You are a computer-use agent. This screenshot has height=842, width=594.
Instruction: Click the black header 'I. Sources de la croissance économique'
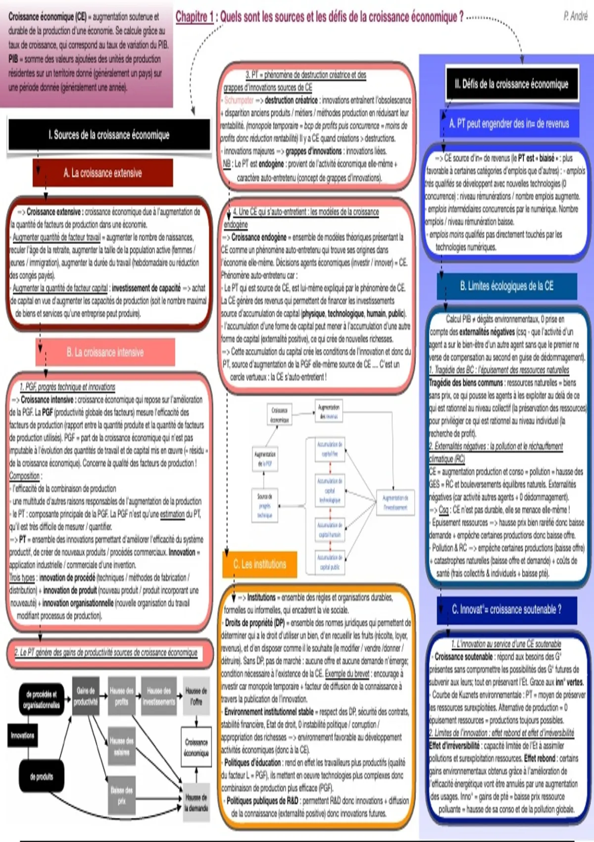click(109, 135)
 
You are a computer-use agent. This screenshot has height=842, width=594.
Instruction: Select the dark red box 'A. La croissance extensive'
click(102, 173)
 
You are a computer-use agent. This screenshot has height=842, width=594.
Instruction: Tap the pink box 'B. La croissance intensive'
click(105, 352)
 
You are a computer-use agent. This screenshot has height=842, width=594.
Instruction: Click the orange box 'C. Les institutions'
click(259, 564)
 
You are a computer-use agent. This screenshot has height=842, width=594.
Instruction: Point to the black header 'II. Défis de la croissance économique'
click(511, 84)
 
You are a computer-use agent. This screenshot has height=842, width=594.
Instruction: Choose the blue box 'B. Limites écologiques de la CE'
click(506, 286)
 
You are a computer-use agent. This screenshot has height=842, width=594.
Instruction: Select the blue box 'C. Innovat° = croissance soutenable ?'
click(506, 609)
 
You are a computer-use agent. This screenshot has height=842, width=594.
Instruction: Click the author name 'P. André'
click(575, 16)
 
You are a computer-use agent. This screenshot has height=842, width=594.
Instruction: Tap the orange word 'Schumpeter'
click(239, 100)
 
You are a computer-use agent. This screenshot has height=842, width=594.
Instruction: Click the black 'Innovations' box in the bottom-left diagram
click(23, 736)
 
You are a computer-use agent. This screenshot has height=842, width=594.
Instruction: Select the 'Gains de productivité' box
click(86, 696)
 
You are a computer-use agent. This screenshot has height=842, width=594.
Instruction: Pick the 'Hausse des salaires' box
click(121, 746)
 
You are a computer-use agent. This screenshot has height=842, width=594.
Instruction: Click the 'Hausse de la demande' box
click(197, 802)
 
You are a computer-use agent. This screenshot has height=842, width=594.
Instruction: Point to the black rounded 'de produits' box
click(42, 777)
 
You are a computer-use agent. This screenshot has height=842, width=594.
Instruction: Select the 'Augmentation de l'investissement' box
click(395, 502)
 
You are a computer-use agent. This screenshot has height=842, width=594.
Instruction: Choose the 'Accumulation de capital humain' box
click(330, 530)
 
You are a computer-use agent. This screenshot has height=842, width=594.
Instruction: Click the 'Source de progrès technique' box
click(264, 506)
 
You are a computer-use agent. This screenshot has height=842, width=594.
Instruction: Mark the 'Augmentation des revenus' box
click(329, 412)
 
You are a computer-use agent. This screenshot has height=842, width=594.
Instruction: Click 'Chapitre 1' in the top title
click(195, 17)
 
